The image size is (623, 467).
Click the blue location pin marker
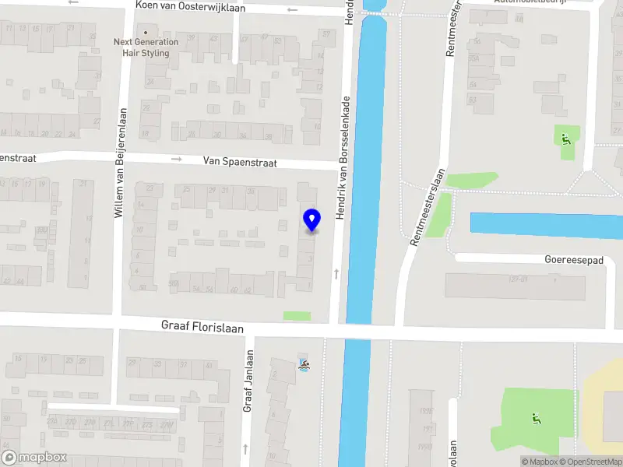click(x=311, y=219)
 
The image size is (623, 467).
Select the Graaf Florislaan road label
click(x=202, y=327)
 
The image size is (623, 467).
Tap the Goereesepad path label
click(x=575, y=261)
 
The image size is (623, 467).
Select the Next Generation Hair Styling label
click(x=145, y=47)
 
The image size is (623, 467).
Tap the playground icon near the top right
click(x=566, y=139)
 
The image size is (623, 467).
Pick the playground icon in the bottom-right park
click(x=535, y=419)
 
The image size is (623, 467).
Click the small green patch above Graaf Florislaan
click(x=296, y=316)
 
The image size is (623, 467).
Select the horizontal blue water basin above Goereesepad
click(x=545, y=225)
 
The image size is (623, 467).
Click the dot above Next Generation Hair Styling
click(x=145, y=31)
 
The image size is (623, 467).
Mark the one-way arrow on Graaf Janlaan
click(x=246, y=448)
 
